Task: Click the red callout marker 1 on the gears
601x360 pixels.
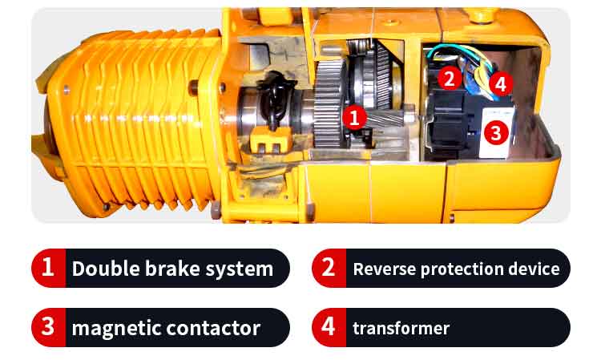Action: click(353, 117)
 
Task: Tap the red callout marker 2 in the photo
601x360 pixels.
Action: click(450, 79)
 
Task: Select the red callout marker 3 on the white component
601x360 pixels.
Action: click(496, 133)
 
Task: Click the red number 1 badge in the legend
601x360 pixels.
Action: click(49, 268)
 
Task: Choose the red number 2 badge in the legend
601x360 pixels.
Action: click(329, 268)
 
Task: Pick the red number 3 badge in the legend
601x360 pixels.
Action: click(49, 327)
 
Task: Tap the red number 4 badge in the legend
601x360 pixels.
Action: click(329, 327)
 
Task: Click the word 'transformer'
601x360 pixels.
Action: click(401, 328)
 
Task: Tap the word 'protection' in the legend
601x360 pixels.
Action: click(462, 269)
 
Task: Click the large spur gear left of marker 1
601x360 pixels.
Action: click(329, 103)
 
